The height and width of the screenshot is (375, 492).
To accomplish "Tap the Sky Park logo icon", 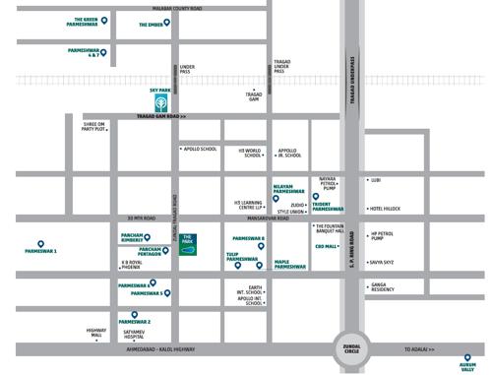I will tap(160, 100).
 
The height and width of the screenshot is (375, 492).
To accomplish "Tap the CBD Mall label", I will tap(325, 246).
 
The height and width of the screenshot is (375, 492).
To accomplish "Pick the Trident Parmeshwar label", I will tap(328, 206).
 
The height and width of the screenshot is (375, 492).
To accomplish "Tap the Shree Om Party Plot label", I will tap(93, 125).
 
